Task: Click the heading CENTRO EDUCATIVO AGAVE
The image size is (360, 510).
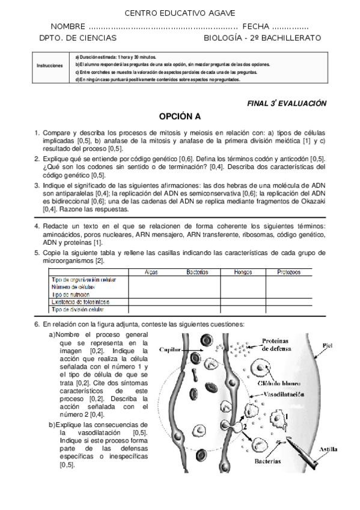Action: (x=180, y=13)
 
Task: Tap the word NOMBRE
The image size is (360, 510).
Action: (x=67, y=26)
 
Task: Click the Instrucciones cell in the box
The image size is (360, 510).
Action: (x=49, y=66)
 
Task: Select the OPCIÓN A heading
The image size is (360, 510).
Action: (x=180, y=116)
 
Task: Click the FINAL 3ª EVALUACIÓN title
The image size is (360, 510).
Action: (x=287, y=103)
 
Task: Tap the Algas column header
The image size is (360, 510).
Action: (x=152, y=272)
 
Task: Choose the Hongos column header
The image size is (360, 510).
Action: (x=243, y=272)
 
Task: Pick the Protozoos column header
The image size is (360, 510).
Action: (x=288, y=272)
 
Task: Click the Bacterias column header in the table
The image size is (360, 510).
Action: (x=197, y=272)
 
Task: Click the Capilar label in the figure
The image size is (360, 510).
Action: (x=169, y=349)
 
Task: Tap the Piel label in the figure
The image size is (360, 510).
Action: (x=327, y=346)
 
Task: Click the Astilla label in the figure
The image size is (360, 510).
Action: (x=328, y=448)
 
